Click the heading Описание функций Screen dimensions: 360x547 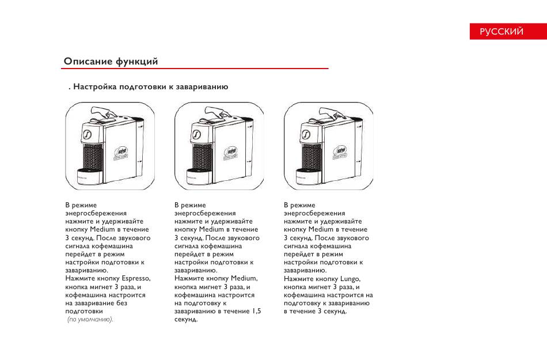click(x=111, y=62)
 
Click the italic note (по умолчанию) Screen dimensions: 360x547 click(x=90, y=319)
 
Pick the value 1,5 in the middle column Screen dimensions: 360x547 click(x=256, y=311)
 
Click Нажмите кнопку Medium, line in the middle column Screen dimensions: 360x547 click(x=215, y=278)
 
